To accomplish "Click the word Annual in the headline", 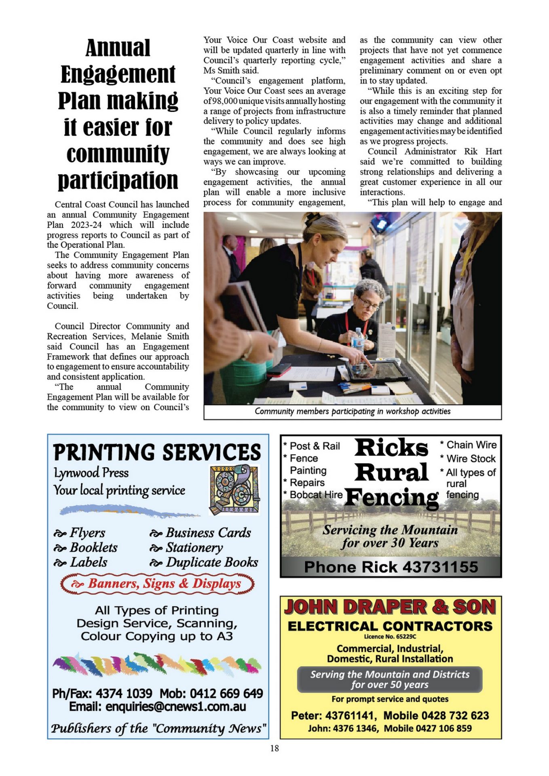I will [118, 48].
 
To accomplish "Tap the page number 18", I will [274, 748].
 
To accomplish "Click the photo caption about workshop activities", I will [353, 411].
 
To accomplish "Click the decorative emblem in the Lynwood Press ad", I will [234, 489].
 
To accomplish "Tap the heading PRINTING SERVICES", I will [157, 452].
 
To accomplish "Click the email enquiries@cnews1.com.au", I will [175, 706].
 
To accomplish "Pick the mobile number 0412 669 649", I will [226, 693].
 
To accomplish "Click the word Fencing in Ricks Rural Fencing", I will [391, 498].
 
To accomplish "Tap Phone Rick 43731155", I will [391, 567].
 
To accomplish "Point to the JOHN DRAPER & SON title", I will [390, 607].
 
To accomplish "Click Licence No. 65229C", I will [390, 637].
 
